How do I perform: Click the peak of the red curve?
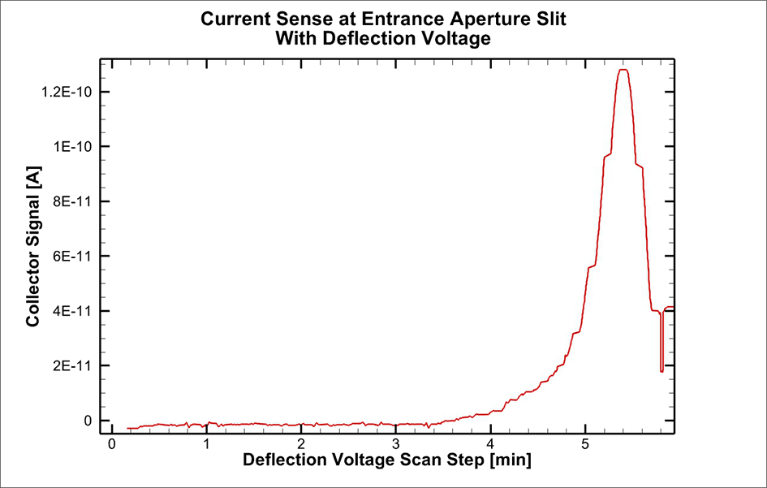pos(623,70)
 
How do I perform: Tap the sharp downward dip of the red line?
pos(661,369)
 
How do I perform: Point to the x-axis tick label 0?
pos(112,445)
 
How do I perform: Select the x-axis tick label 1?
pos(206,445)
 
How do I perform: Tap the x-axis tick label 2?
pos(301,445)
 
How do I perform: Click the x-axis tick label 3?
pos(396,445)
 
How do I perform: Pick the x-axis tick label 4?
pos(490,445)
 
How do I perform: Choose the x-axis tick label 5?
pos(585,445)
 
